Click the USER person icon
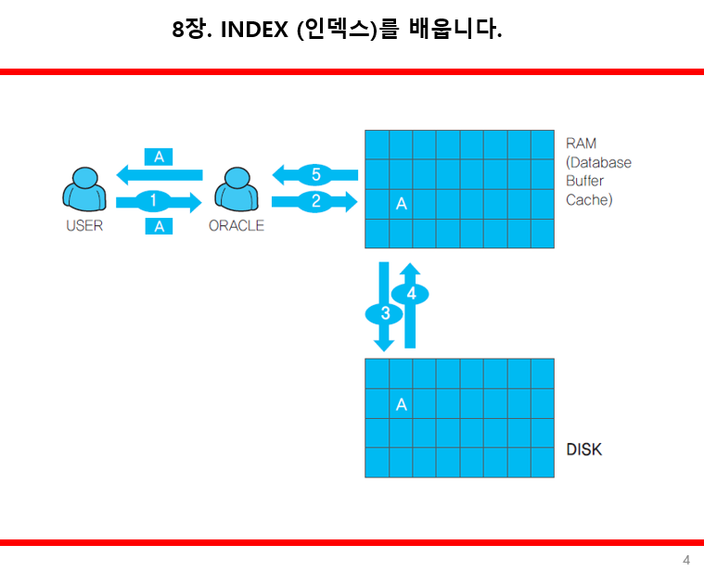click(x=83, y=191)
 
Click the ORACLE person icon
click(x=236, y=191)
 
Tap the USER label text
click(x=84, y=225)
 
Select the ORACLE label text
click(x=237, y=225)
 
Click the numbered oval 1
click(x=154, y=199)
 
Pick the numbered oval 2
click(x=315, y=199)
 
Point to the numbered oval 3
click(x=385, y=313)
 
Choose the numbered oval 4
click(x=410, y=294)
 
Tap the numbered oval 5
click(x=315, y=174)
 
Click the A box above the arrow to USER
click(x=159, y=157)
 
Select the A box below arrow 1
click(x=159, y=225)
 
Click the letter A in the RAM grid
click(x=401, y=204)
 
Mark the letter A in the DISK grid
click(x=401, y=404)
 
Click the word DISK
click(x=583, y=450)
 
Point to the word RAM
click(x=581, y=144)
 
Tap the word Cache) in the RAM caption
click(x=589, y=199)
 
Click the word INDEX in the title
click(x=255, y=30)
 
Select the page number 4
click(x=685, y=560)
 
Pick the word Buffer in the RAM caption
click(x=584, y=181)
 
